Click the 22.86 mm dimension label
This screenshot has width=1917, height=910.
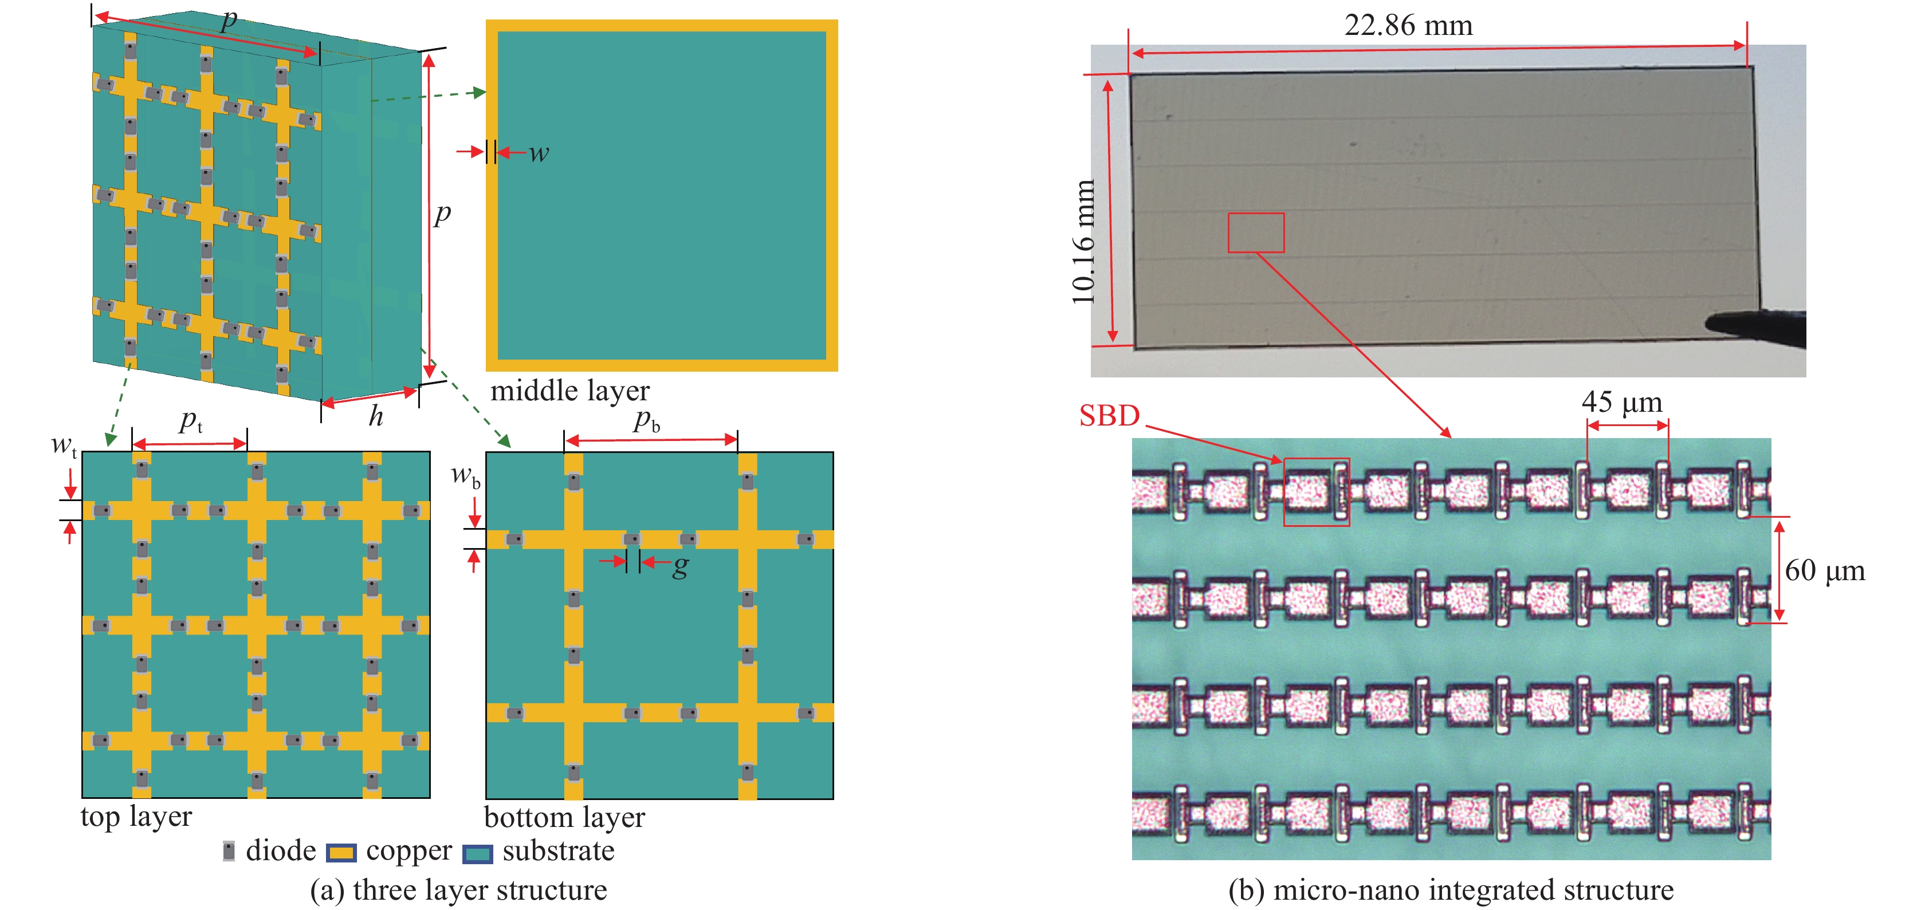[x=1408, y=25]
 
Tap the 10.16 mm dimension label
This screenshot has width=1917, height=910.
[x=1083, y=242]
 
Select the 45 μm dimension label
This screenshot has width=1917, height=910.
[x=1621, y=402]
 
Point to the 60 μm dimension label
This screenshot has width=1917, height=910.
[x=1824, y=571]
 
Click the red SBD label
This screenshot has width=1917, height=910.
[x=1109, y=416]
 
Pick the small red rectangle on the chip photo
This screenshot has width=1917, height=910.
[x=1255, y=233]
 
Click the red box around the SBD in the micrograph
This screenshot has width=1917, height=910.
[x=1315, y=492]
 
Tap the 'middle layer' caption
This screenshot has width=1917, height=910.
[x=569, y=391]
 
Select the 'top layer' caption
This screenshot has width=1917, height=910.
[x=136, y=816]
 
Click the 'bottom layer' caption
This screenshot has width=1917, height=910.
[x=564, y=817]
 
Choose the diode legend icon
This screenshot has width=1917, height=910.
[x=229, y=851]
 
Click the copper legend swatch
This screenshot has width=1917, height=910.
[x=341, y=853]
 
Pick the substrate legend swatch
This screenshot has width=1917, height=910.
[x=477, y=853]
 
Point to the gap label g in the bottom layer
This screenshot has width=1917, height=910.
[x=680, y=566]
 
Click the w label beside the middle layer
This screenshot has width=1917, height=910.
[x=539, y=153]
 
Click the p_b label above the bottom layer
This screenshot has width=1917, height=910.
[x=646, y=420]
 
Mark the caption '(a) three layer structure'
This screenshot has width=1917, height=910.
[x=458, y=890]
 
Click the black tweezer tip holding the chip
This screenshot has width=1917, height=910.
[x=1756, y=328]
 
